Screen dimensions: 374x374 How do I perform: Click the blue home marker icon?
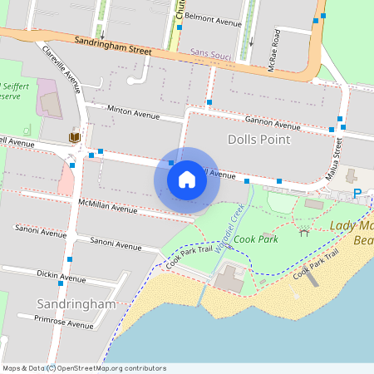[187, 179]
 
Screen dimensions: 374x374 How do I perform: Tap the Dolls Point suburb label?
[258, 140]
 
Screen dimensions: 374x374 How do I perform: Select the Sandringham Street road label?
[113, 44]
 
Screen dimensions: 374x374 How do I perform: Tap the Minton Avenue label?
[133, 112]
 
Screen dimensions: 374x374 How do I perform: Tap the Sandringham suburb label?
[76, 304]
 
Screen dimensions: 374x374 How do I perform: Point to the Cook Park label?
[255, 239]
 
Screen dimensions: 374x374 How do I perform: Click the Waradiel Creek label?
[229, 227]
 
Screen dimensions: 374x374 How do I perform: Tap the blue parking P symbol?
[357, 194]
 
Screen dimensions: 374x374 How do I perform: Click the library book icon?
[74, 137]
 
